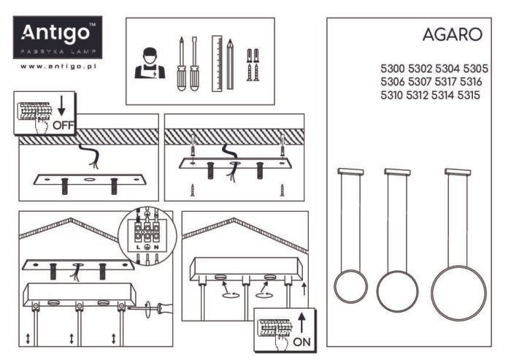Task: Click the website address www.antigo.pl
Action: (x=59, y=66)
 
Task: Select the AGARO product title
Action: (x=452, y=34)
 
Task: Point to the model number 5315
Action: (x=468, y=95)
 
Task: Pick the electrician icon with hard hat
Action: (x=150, y=64)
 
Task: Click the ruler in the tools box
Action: (x=216, y=64)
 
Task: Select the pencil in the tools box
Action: (x=230, y=64)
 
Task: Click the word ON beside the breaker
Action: (x=301, y=341)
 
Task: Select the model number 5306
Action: (x=393, y=82)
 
